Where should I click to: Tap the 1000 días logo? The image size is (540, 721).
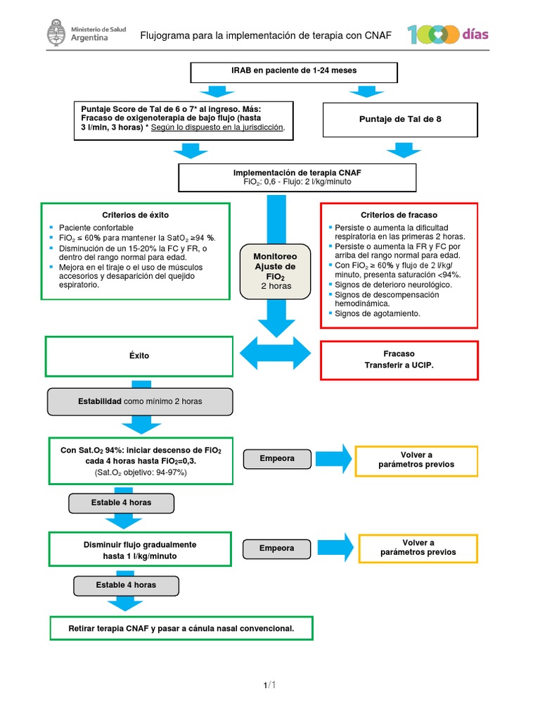[448, 35]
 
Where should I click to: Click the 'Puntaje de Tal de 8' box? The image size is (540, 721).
[399, 119]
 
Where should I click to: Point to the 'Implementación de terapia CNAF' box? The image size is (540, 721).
[297, 177]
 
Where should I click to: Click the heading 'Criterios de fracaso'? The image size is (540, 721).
[399, 214]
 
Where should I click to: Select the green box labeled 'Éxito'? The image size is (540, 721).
[139, 356]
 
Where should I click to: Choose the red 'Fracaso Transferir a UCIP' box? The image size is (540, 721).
[399, 359]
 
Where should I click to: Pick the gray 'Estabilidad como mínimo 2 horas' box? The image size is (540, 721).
[139, 401]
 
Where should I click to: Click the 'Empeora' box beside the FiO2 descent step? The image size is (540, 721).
[277, 458]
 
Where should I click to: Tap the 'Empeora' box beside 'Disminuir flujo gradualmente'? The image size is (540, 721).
[277, 548]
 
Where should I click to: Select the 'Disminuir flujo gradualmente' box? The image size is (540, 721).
[140, 550]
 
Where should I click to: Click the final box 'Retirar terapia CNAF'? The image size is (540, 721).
[181, 627]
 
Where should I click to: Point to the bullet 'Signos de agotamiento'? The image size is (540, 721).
[378, 313]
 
